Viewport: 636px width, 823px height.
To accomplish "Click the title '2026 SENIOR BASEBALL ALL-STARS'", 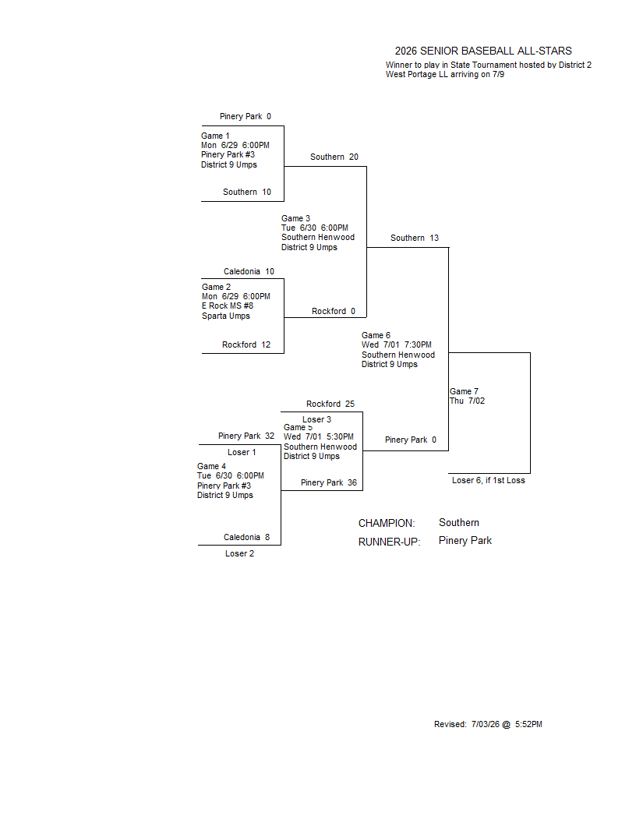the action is pyautogui.click(x=483, y=51).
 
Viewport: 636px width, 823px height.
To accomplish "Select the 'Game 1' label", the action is pyautogui.click(x=215, y=136).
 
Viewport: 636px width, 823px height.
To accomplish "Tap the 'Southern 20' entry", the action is pyautogui.click(x=334, y=157).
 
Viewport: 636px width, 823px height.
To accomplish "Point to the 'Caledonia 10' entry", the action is pyautogui.click(x=249, y=271).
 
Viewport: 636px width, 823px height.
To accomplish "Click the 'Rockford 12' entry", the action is pyautogui.click(x=246, y=344).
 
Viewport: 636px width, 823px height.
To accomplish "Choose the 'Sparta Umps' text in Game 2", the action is pyautogui.click(x=226, y=316).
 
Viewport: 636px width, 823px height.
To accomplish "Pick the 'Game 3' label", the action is pyautogui.click(x=295, y=218).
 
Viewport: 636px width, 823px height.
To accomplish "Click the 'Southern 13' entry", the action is pyautogui.click(x=415, y=238).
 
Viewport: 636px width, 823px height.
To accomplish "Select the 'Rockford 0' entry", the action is pyautogui.click(x=334, y=311).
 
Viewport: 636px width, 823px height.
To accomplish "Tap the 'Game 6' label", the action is pyautogui.click(x=376, y=335).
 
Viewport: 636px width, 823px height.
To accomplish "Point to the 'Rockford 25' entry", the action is pyautogui.click(x=330, y=404).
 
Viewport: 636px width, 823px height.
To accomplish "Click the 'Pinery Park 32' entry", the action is pyautogui.click(x=246, y=436).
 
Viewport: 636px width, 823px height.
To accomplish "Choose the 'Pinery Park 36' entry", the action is pyautogui.click(x=328, y=483).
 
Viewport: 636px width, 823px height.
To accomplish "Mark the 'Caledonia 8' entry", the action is pyautogui.click(x=246, y=538).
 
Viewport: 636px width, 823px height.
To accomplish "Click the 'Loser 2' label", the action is pyautogui.click(x=239, y=554).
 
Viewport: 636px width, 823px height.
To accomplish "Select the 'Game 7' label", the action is pyautogui.click(x=464, y=391).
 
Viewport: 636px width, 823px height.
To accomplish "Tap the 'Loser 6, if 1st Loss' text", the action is pyautogui.click(x=489, y=480).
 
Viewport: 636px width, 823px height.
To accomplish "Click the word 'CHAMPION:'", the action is pyautogui.click(x=387, y=523).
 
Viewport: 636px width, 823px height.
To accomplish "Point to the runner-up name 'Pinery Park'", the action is pyautogui.click(x=465, y=541).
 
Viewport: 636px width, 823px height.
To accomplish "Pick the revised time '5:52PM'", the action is pyautogui.click(x=528, y=724).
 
